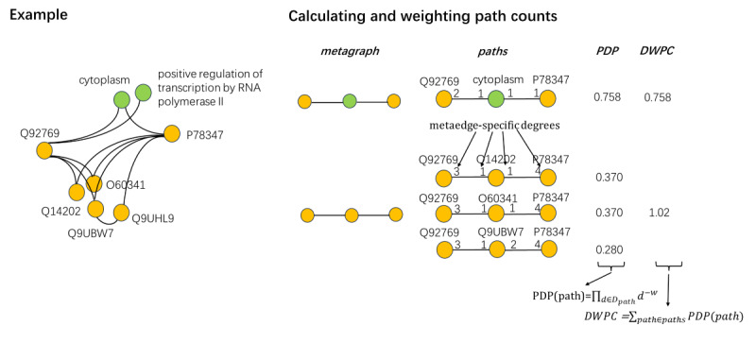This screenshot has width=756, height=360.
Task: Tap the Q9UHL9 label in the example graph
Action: (153, 218)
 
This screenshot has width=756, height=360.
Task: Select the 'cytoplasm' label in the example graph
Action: (104, 80)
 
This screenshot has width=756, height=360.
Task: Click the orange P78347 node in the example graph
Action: (171, 133)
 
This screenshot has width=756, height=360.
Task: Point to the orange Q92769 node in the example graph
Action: (43, 150)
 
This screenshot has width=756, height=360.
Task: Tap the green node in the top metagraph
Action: (349, 100)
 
